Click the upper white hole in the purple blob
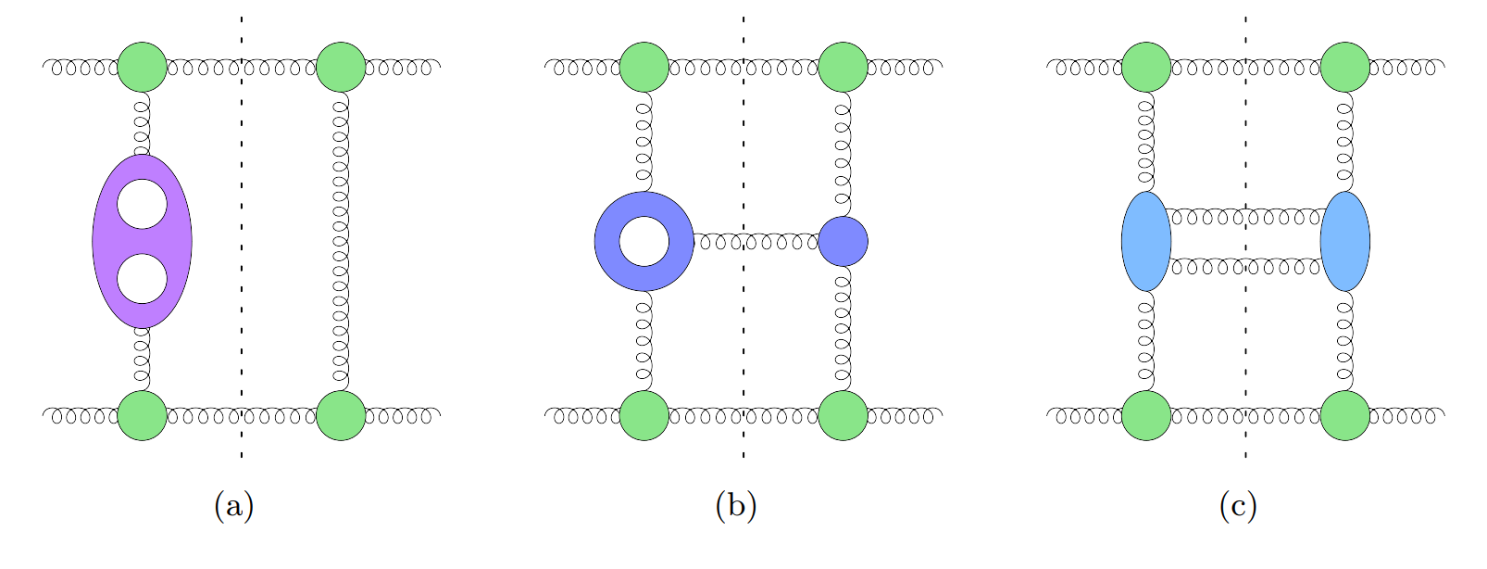[143, 205]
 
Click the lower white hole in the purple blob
[143, 278]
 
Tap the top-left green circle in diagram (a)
[143, 67]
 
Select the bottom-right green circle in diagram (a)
[341, 415]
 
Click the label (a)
[233, 506]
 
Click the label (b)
[736, 506]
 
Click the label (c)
[1238, 506]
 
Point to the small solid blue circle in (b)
[843, 241]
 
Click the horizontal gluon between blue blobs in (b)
[756, 242]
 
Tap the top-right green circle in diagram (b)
[843, 67]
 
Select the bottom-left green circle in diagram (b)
[644, 415]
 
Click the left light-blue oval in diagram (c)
[1146, 241]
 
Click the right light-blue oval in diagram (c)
[1345, 241]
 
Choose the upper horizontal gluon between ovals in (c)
[1245, 218]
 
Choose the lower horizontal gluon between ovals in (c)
[1245, 267]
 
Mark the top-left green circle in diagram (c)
[1146, 67]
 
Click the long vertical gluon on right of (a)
[341, 241]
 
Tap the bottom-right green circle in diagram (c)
[1345, 415]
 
